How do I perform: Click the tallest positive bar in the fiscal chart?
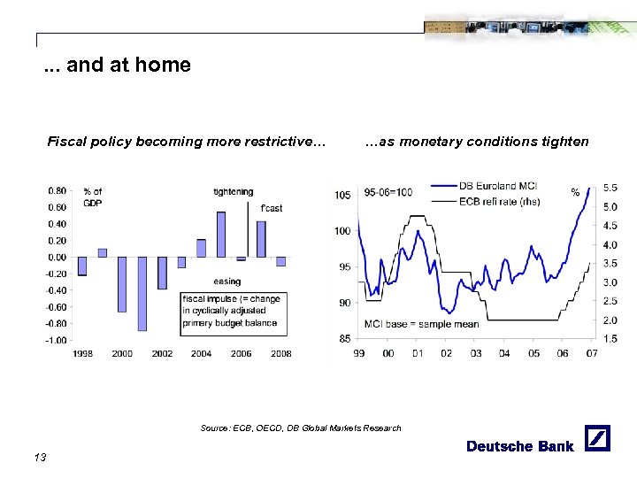221,234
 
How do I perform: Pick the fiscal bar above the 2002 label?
162,274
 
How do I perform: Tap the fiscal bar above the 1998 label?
82,266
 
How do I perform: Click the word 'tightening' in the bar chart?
233,191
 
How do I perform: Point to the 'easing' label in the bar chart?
226,281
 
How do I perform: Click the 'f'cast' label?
272,208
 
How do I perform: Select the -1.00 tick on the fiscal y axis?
57,340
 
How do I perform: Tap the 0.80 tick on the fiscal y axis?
57,190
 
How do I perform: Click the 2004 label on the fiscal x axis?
201,353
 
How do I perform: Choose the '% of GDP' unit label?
92,197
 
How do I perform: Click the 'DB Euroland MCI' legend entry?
497,186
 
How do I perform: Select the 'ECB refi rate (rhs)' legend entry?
499,200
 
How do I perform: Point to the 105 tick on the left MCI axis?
342,195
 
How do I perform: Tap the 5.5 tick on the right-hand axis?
610,188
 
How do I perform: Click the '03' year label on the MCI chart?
475,353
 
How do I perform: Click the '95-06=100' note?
388,192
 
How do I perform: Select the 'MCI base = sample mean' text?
421,324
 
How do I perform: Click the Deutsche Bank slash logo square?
598,437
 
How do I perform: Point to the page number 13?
39,457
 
